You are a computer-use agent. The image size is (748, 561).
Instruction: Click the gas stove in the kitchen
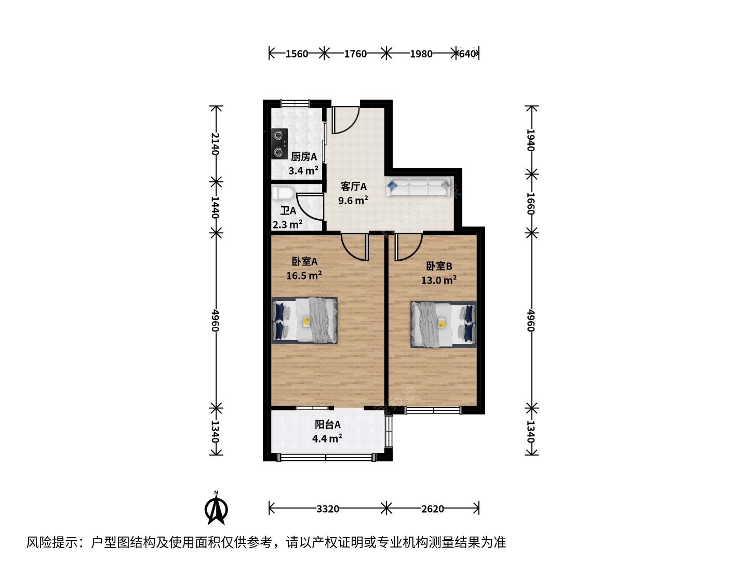click(x=279, y=144)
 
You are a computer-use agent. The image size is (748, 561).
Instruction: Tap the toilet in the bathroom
click(x=283, y=194)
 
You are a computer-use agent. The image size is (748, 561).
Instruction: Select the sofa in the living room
click(x=418, y=186)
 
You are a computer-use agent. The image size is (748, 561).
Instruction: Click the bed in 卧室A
click(x=304, y=320)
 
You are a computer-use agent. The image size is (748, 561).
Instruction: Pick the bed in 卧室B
click(x=444, y=325)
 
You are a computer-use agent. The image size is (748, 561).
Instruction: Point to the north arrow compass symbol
click(x=216, y=508)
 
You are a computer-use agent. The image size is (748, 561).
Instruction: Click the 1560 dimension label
click(x=297, y=54)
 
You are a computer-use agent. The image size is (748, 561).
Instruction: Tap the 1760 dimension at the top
click(x=355, y=54)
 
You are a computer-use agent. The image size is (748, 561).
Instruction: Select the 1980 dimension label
click(x=421, y=54)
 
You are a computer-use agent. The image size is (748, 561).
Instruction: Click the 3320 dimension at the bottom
click(x=327, y=509)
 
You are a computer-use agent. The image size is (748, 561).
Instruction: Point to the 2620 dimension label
click(x=433, y=509)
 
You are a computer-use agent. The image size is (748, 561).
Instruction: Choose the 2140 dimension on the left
click(x=215, y=144)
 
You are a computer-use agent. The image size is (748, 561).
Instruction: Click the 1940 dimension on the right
click(x=531, y=140)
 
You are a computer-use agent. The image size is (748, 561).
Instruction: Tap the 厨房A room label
click(x=304, y=157)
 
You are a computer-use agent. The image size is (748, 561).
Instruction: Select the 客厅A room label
click(x=353, y=186)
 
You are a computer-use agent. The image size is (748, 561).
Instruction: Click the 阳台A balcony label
click(x=327, y=425)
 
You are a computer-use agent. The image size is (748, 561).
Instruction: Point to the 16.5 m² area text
click(x=304, y=275)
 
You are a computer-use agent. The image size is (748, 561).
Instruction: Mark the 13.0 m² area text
click(x=439, y=280)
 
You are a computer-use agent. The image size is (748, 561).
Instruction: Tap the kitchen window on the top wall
click(x=295, y=103)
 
